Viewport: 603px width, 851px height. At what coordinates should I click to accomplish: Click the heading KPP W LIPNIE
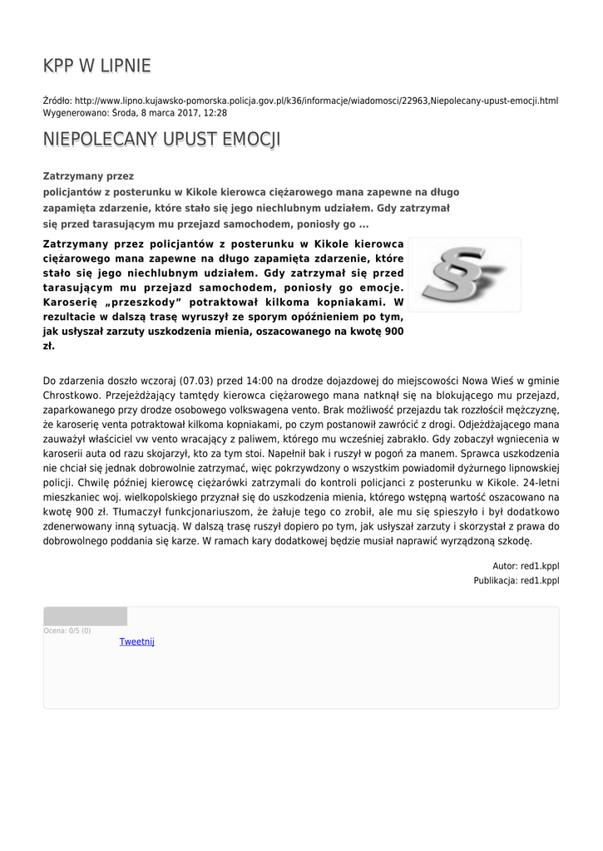[x=96, y=66]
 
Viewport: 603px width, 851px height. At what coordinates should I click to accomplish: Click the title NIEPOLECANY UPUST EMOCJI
[x=161, y=139]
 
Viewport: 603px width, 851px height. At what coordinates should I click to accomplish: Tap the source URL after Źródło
[x=316, y=101]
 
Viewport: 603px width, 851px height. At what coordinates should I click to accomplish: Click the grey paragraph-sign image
[x=464, y=274]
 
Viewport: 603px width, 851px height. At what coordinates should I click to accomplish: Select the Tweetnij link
[x=137, y=642]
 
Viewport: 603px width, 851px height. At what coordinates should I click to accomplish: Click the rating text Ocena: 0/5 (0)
[x=67, y=631]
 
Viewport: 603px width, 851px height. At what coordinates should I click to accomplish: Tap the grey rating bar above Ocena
[x=85, y=616]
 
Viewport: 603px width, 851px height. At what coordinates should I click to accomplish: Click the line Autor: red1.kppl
[x=526, y=566]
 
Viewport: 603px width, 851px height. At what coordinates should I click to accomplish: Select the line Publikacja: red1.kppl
[x=517, y=580]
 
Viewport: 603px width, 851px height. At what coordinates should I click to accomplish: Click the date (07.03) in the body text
[x=195, y=380]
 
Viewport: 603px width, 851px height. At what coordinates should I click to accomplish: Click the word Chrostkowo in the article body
[x=71, y=395]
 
